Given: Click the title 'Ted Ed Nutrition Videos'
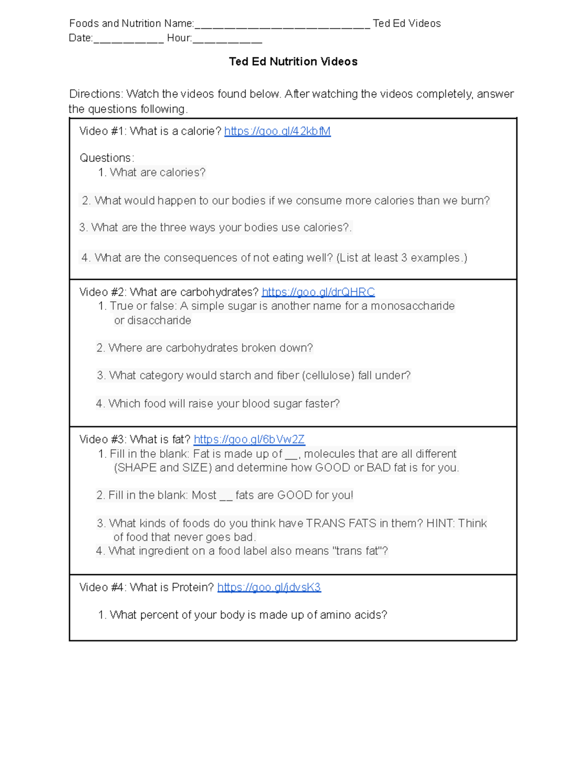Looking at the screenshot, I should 293,61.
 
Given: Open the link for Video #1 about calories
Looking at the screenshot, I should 277,131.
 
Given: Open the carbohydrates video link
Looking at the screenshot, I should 318,292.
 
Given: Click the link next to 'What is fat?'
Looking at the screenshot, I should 249,439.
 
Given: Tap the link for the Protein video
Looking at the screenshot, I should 269,587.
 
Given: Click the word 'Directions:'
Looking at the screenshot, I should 96,94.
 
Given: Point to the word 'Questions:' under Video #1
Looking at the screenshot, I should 107,158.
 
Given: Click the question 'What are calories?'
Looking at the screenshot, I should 157,173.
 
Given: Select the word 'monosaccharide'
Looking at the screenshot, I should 412,306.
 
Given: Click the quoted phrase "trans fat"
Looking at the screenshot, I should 357,551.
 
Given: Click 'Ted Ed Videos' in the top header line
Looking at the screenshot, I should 407,23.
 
